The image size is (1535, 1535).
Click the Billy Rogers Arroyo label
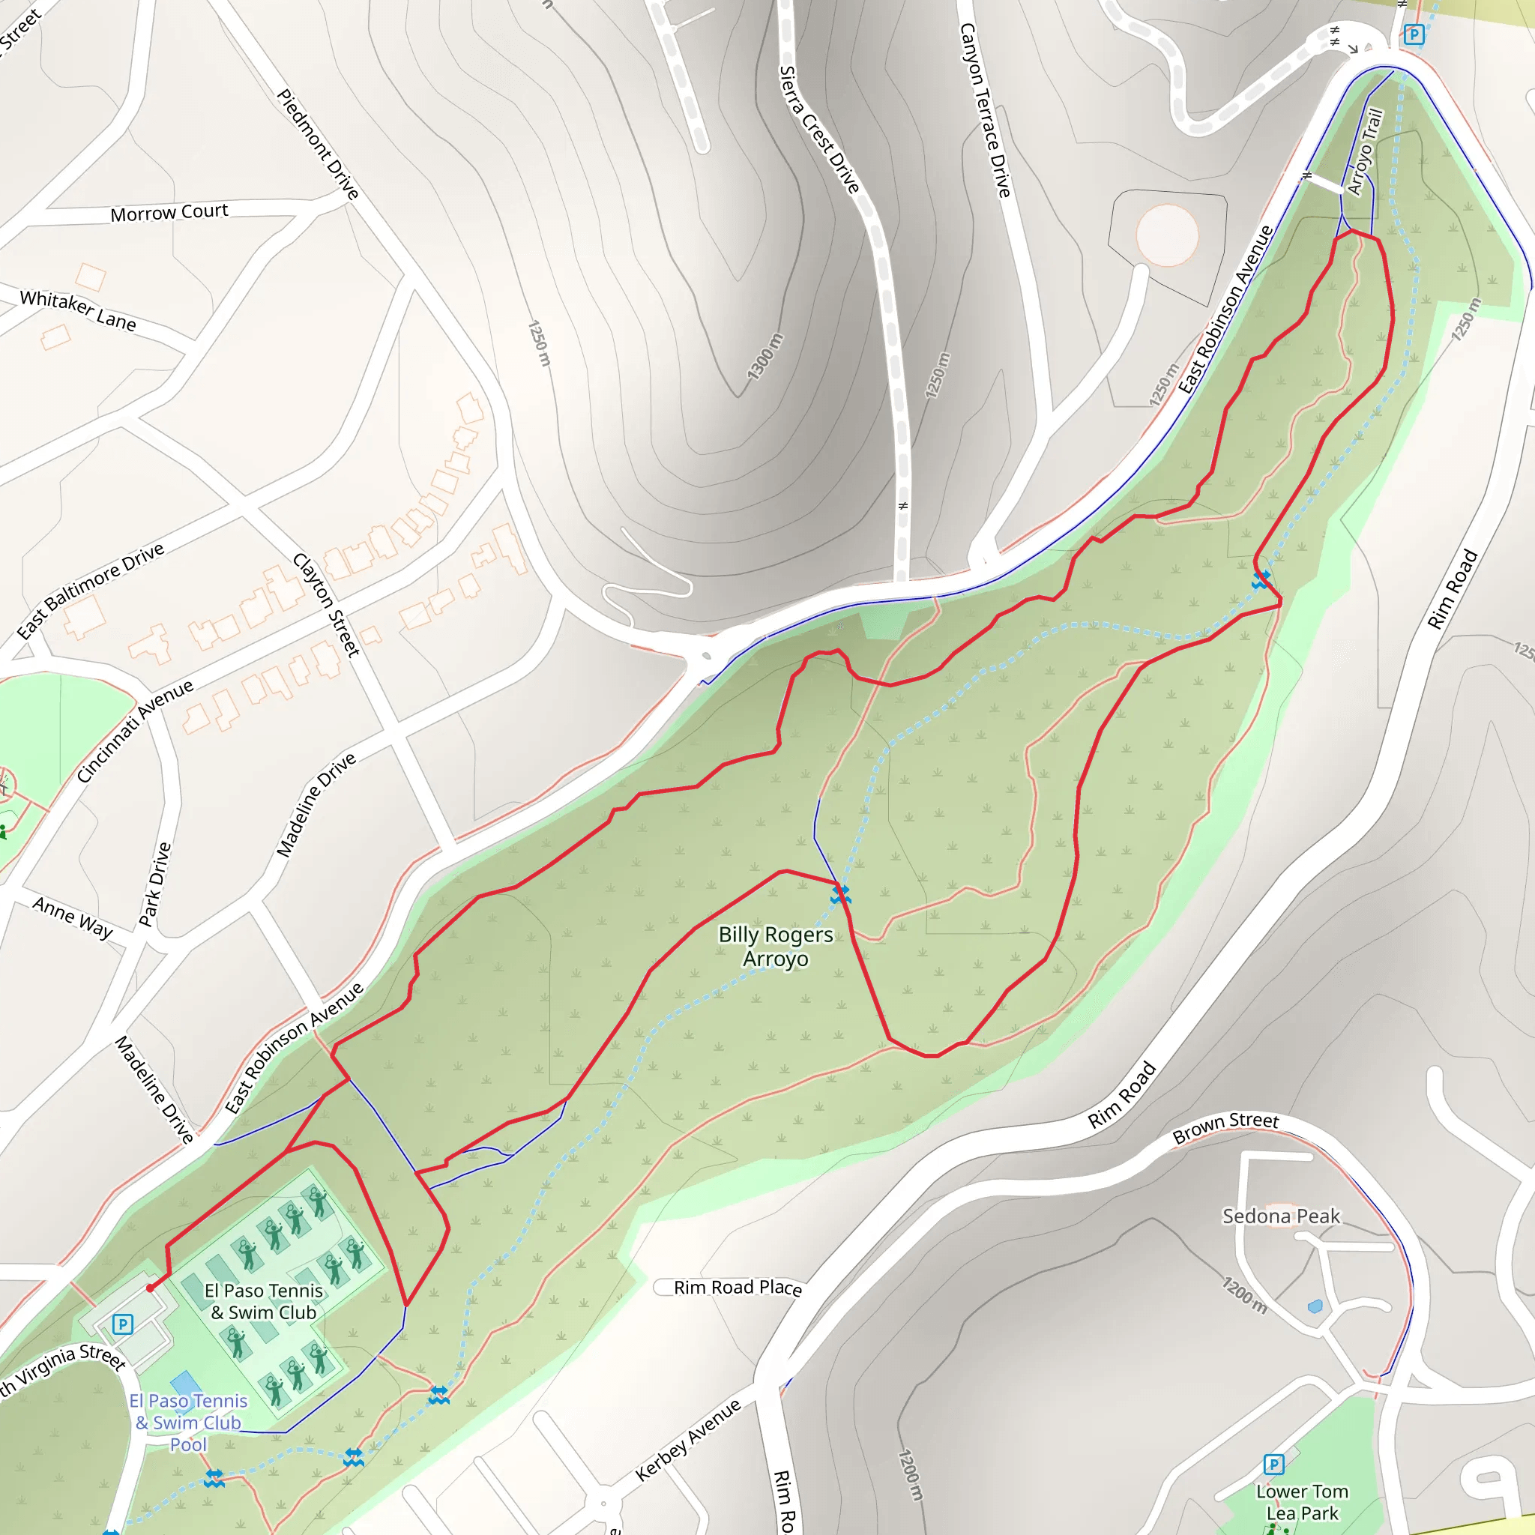(x=776, y=947)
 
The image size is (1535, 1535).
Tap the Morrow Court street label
(x=169, y=213)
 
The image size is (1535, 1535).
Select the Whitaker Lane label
(x=78, y=310)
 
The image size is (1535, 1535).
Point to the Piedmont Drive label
(x=318, y=144)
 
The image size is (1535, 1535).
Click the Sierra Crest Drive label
(x=819, y=130)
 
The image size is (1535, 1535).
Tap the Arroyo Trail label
(x=1365, y=151)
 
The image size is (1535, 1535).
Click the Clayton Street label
(x=327, y=605)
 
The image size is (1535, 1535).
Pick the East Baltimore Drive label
(x=91, y=591)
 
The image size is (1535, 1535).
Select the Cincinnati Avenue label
(x=135, y=731)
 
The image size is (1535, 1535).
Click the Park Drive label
(x=155, y=884)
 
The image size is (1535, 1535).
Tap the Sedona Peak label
(x=1281, y=1216)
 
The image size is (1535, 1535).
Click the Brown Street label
(x=1226, y=1127)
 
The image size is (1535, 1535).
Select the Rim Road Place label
(x=738, y=1287)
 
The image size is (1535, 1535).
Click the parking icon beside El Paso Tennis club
(x=122, y=1324)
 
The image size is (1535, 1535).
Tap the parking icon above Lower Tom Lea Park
(x=1273, y=1465)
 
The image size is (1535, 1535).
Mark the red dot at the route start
(x=150, y=1288)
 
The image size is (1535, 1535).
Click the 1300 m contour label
(x=765, y=356)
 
